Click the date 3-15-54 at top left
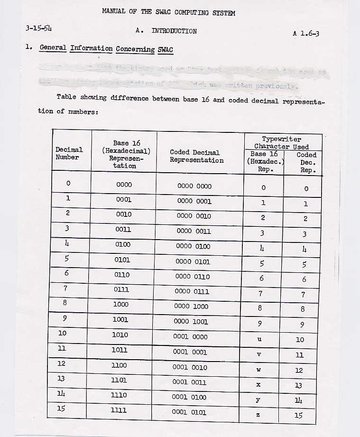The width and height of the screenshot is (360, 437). (39, 28)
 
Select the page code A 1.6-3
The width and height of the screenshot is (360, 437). (309, 33)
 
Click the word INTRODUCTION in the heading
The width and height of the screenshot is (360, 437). (174, 31)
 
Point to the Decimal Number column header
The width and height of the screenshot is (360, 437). (69, 153)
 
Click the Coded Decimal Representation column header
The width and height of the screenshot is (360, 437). (197, 156)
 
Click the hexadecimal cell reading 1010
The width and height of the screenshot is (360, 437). (120, 335)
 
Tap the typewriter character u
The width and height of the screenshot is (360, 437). (259, 339)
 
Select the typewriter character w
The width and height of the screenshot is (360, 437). (258, 370)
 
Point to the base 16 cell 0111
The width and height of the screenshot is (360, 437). (122, 289)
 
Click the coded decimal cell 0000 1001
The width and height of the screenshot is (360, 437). (191, 321)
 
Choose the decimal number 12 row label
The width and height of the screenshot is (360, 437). (62, 363)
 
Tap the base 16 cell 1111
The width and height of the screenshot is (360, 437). (119, 410)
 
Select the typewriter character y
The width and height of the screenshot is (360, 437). (258, 400)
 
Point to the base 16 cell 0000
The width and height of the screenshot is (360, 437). (124, 185)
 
